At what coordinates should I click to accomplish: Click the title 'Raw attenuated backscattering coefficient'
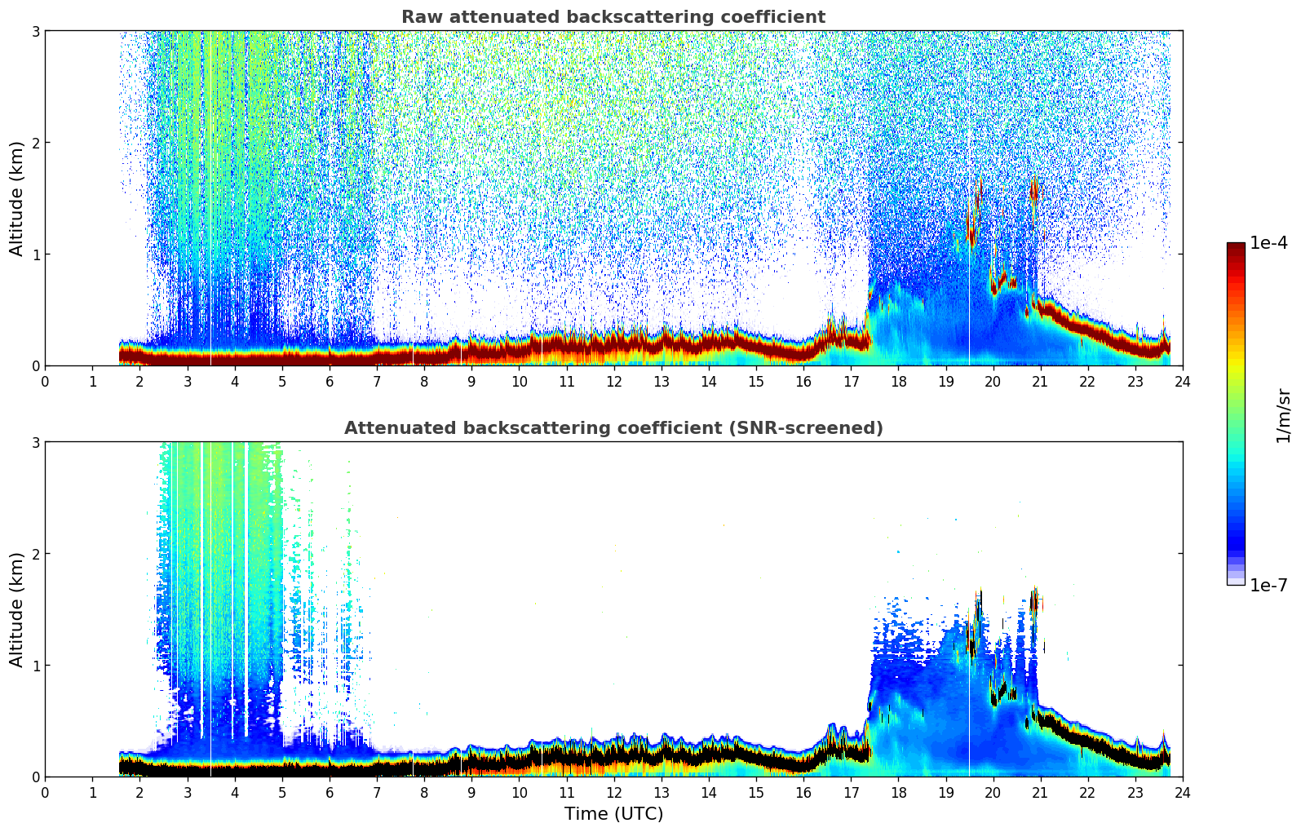(613, 17)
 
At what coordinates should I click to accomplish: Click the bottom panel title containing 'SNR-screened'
(613, 428)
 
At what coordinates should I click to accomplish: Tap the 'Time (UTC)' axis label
(613, 814)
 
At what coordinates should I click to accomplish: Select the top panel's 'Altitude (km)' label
(17, 198)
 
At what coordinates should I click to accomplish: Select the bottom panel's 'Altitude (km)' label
(17, 609)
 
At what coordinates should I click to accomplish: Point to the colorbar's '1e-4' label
(1268, 243)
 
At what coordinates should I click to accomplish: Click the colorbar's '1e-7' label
(1268, 585)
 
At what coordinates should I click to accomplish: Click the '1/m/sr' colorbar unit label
(1283, 415)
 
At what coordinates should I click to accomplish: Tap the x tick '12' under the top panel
(613, 382)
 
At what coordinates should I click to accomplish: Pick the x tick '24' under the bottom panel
(1182, 793)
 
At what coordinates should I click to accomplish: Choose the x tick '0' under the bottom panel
(45, 793)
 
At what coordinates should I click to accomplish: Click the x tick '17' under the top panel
(851, 382)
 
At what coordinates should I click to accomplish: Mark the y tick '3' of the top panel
(35, 31)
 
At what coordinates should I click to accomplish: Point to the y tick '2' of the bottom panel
(35, 554)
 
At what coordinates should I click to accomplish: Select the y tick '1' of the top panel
(35, 254)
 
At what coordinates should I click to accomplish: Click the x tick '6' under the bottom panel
(330, 793)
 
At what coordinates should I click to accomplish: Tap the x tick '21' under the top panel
(1040, 382)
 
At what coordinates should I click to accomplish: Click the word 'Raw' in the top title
(418, 17)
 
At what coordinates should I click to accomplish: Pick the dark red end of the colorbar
(1236, 248)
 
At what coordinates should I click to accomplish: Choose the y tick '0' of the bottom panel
(35, 777)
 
